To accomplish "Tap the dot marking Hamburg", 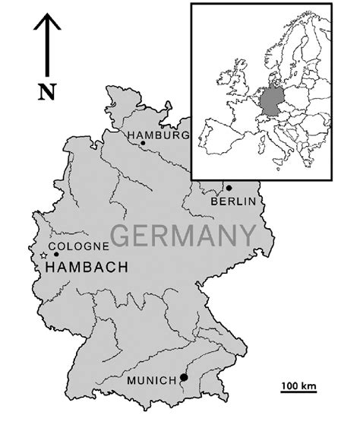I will click(142, 143).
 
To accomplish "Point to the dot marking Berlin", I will click(229, 187).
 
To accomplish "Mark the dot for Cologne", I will click(55, 253).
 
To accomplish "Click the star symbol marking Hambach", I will click(43, 257).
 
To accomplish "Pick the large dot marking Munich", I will click(183, 377).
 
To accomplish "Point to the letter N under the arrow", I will click(47, 93).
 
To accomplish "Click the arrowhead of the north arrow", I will click(47, 21).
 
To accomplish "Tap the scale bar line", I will click(298, 395).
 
